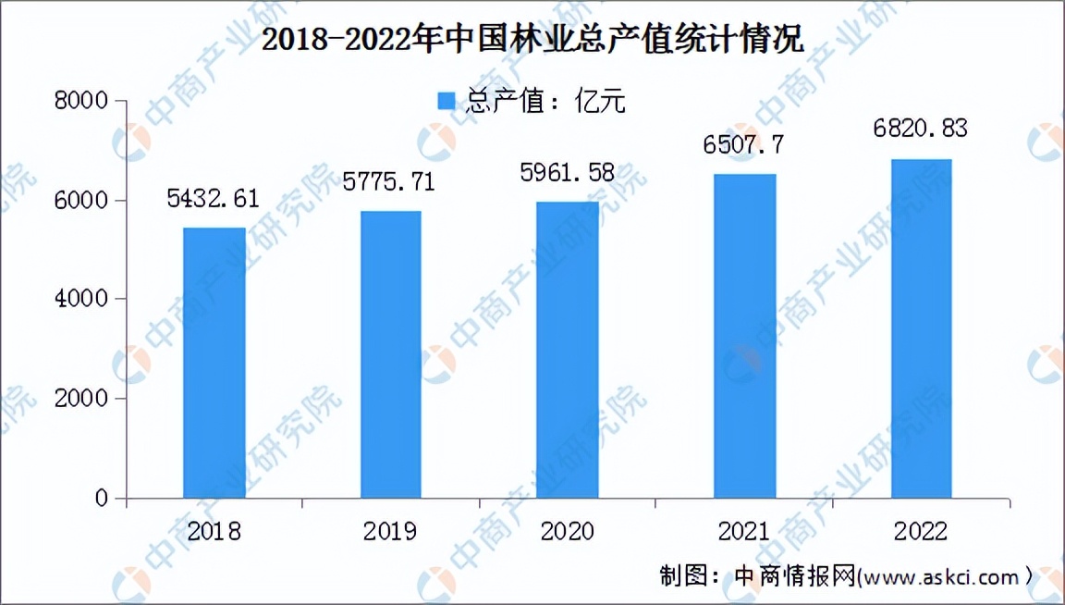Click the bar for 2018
214,363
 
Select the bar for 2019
390,354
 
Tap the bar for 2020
568,350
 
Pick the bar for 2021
744,336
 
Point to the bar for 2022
921,328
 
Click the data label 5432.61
214,198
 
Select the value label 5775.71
388,181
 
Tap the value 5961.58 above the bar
567,172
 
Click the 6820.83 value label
921,128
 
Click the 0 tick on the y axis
103,500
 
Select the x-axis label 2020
567,532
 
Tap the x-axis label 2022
921,532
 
